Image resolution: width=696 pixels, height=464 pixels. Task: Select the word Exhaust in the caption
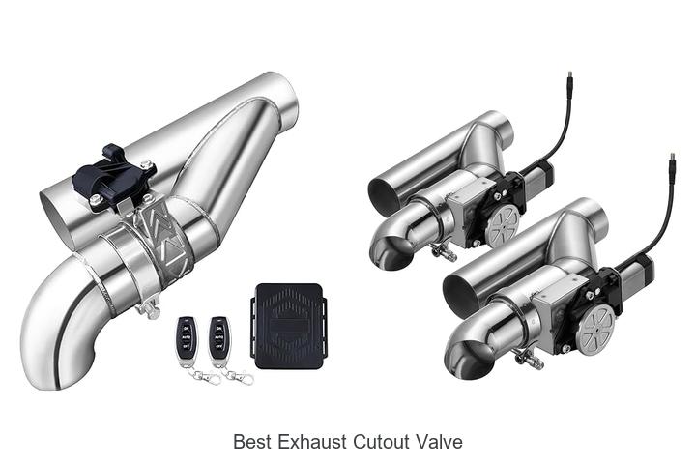tap(308, 442)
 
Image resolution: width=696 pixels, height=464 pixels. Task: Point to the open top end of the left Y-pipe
tap(280, 92)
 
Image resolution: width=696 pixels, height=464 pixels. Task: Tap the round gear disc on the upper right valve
tap(503, 224)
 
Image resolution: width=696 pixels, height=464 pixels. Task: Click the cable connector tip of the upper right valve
tap(568, 74)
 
